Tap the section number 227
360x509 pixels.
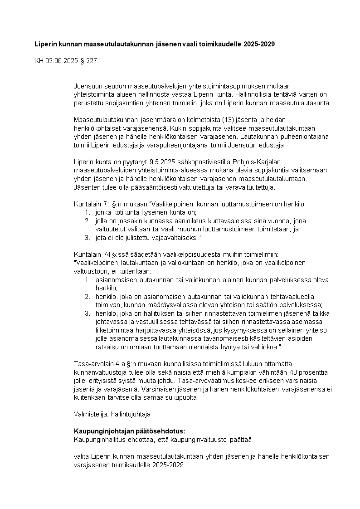[x=91, y=60]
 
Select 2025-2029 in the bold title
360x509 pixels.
[x=259, y=44]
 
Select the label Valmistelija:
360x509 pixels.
[x=88, y=414]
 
